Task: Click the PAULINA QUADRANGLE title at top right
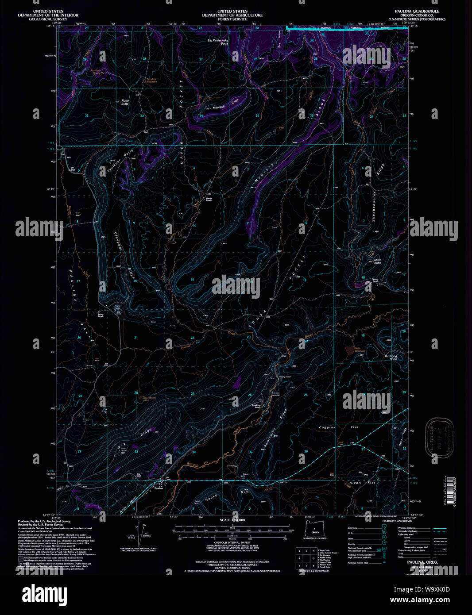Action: pyautogui.click(x=417, y=11)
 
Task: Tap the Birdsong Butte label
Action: pyautogui.click(x=391, y=357)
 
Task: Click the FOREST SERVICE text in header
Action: pyautogui.click(x=232, y=19)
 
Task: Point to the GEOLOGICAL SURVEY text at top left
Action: pyautogui.click(x=48, y=19)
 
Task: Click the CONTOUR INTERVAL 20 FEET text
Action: pyautogui.click(x=232, y=542)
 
